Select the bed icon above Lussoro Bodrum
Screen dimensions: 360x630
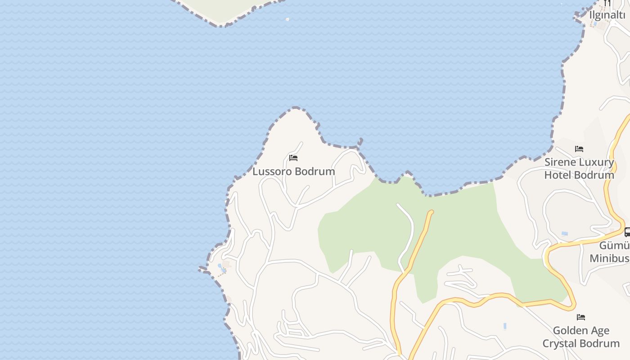pyautogui.click(x=293, y=158)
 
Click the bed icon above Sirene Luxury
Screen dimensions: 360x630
pyautogui.click(x=579, y=149)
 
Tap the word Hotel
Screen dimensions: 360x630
pyautogui.click(x=558, y=175)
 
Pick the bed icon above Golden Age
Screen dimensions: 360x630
pyautogui.click(x=581, y=317)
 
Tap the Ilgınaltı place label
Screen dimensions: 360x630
pyautogui.click(x=607, y=15)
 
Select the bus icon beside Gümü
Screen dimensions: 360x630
pyautogui.click(x=627, y=232)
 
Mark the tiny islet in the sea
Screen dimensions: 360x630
pyautogui.click(x=288, y=19)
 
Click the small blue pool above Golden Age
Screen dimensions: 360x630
pyautogui.click(x=505, y=326)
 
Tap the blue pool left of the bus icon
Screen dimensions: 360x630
pyautogui.click(x=564, y=234)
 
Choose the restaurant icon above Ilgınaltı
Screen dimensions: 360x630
pyautogui.click(x=607, y=3)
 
